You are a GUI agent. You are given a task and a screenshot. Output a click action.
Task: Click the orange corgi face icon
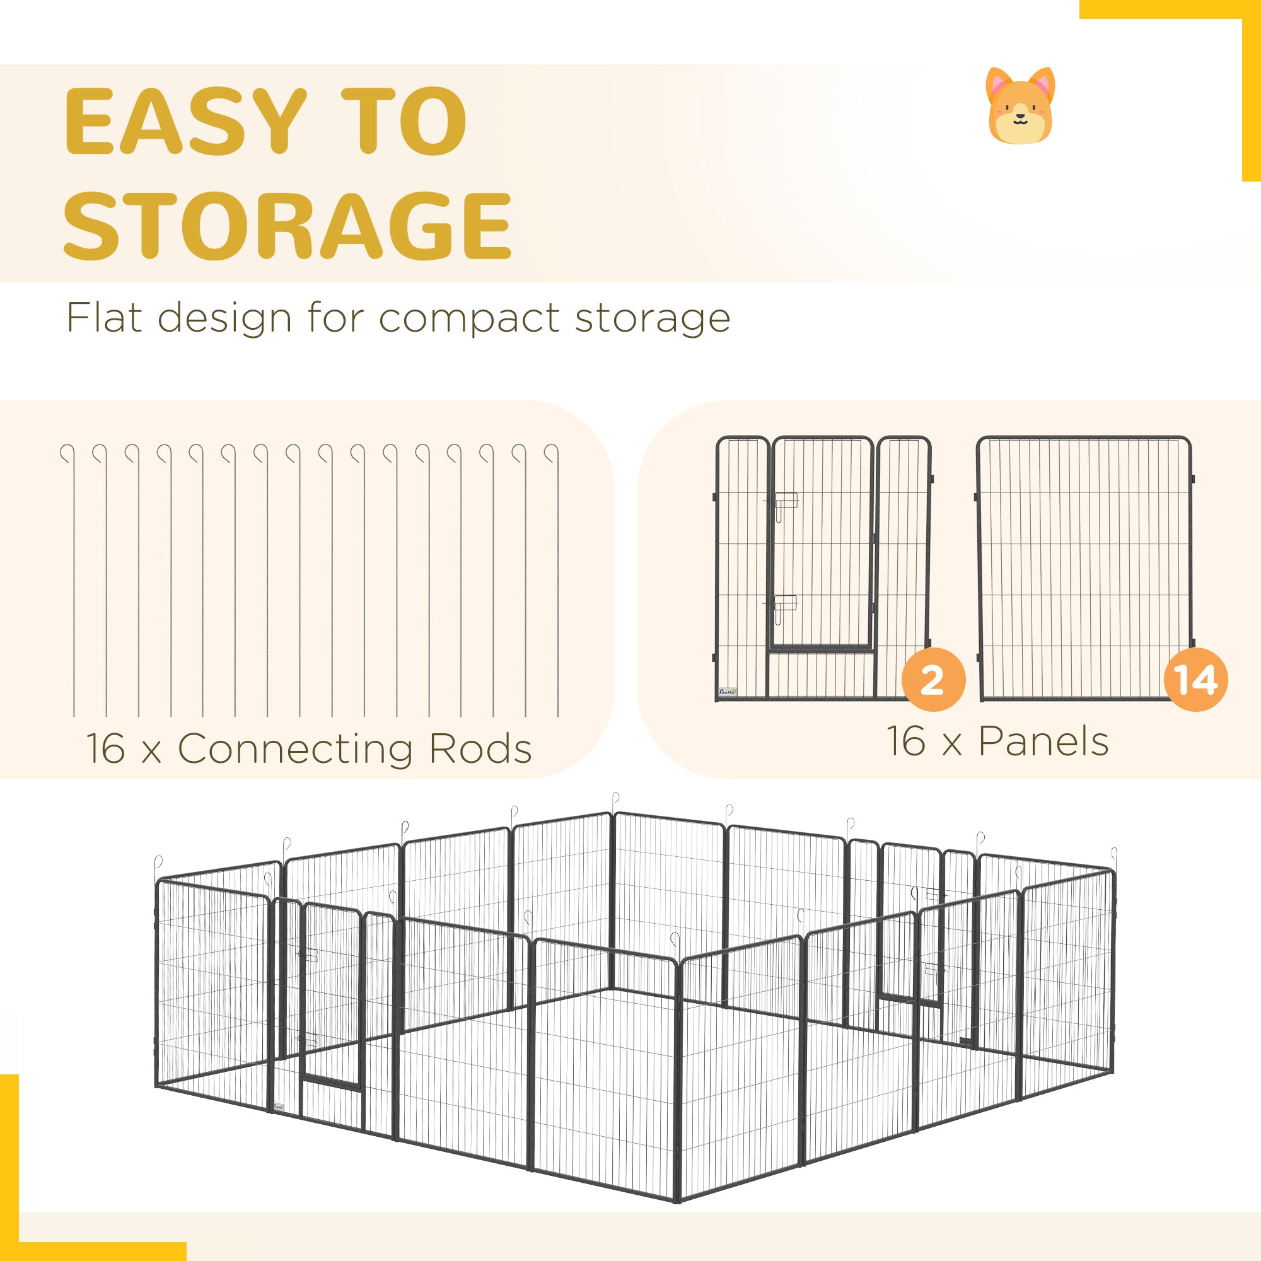coord(1020,105)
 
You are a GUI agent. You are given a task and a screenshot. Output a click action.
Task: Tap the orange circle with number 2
coord(933,680)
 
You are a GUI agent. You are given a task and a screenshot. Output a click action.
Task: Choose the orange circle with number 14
coord(1197,680)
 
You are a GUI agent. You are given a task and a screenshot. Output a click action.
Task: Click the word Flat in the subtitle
coord(105,318)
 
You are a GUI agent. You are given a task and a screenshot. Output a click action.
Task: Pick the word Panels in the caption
coord(1043,741)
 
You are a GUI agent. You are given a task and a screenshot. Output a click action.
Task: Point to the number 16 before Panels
coord(906,741)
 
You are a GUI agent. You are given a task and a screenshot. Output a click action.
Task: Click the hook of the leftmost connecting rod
coord(66,453)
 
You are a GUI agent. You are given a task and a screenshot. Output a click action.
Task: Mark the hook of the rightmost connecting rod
coord(552,453)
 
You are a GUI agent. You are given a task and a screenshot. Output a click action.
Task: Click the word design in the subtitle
coord(224,320)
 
